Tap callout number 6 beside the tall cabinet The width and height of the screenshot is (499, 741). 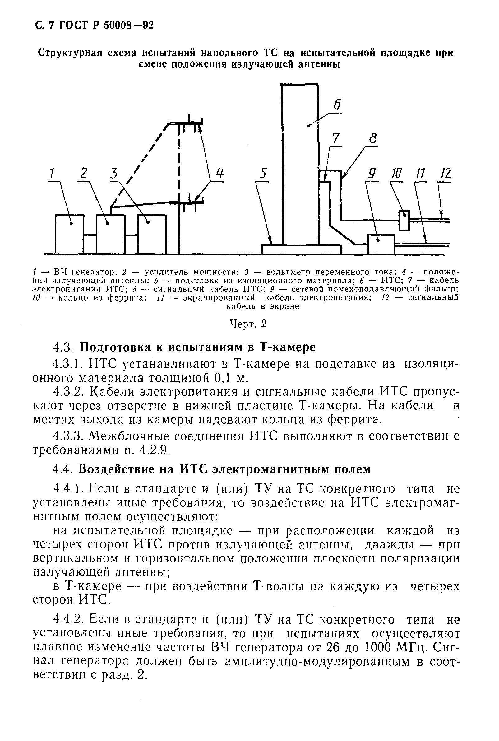(337, 104)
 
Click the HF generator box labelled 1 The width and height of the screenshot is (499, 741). (69, 234)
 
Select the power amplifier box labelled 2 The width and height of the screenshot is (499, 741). (110, 234)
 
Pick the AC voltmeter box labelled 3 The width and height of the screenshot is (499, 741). (152, 234)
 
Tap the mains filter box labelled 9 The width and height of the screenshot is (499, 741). (381, 244)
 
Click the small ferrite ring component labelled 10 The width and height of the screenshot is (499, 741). (404, 220)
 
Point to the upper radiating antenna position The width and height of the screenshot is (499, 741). (186, 122)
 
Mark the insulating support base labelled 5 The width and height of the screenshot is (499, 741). (301, 249)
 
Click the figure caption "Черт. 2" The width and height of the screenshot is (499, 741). (248, 324)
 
